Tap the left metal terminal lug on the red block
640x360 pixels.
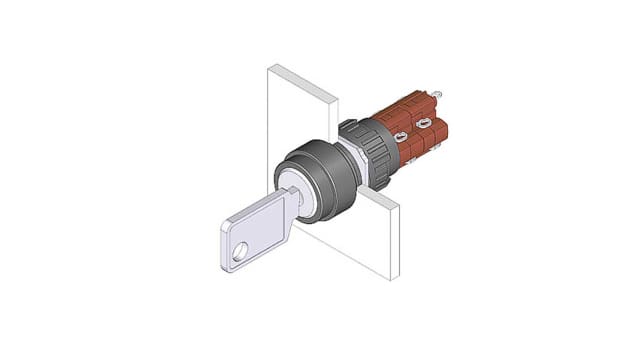[399, 136]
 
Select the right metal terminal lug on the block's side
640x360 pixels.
[424, 124]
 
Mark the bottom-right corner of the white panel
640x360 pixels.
[399, 279]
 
